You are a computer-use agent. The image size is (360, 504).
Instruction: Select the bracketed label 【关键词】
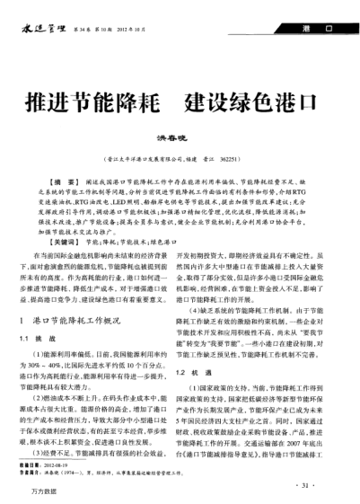point(66,216)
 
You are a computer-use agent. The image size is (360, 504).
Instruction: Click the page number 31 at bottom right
point(305,460)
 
